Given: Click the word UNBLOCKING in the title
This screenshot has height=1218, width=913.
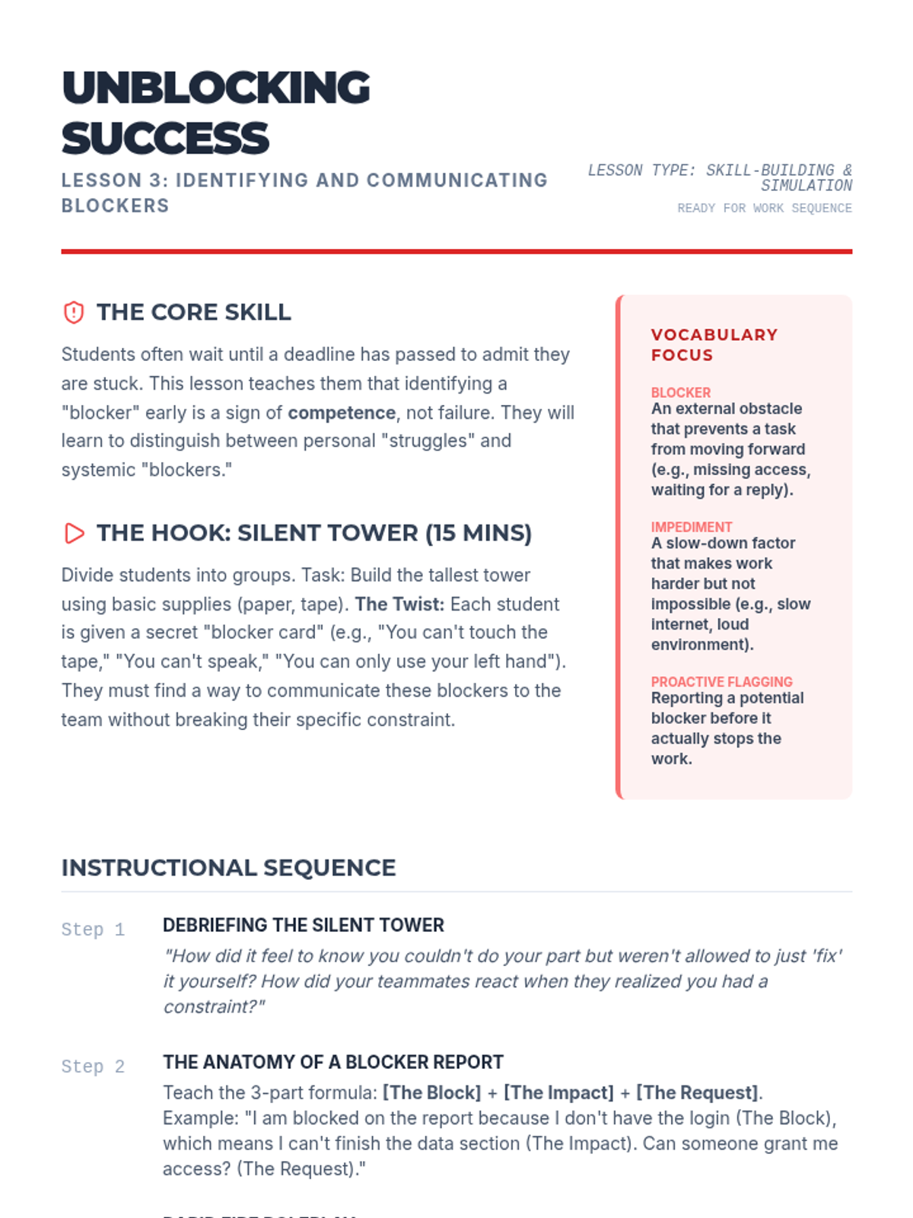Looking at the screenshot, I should coord(215,88).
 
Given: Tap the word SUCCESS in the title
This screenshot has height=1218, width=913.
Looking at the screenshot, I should coord(165,139).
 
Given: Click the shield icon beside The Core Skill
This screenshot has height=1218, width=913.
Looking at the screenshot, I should coord(74,312).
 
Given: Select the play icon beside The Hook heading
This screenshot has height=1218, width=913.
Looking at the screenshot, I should coord(74,533).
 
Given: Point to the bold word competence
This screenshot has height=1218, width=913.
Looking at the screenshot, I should coord(342,413).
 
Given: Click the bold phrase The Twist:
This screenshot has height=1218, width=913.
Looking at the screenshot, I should coord(399,604).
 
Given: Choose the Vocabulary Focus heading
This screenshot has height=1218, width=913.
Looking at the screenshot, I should coord(714,345).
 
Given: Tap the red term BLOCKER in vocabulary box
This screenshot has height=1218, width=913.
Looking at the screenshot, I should coord(680,393).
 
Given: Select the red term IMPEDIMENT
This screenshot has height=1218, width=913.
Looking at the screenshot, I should coord(691,527).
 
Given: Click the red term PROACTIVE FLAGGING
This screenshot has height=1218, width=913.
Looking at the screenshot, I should coord(721,681).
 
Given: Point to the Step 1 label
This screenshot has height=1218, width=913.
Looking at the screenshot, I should coord(93,929).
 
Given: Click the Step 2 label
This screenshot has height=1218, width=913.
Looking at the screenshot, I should coord(93,1067).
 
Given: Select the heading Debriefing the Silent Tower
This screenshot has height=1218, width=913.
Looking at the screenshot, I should coord(303,925).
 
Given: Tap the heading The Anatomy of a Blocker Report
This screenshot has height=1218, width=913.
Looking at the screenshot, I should coord(332,1062).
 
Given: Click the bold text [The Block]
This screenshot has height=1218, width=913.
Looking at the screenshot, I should coord(431,1092).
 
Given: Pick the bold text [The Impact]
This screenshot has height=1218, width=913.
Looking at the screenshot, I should coord(558,1092).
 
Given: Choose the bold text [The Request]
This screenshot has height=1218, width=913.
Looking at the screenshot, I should coord(697,1092).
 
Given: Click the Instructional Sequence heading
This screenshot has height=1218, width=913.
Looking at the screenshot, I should coord(228,868).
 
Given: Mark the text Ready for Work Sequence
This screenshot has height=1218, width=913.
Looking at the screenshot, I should coord(764,208).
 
